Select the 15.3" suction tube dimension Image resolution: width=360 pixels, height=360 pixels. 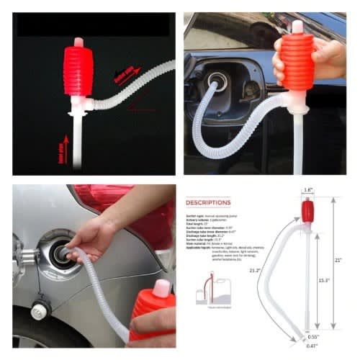pos(325,279)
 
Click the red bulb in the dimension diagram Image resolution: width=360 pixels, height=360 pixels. pos(307,211)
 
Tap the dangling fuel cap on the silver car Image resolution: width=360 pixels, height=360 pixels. pos(40,310)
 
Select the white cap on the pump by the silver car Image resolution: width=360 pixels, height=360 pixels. pos(162,288)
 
